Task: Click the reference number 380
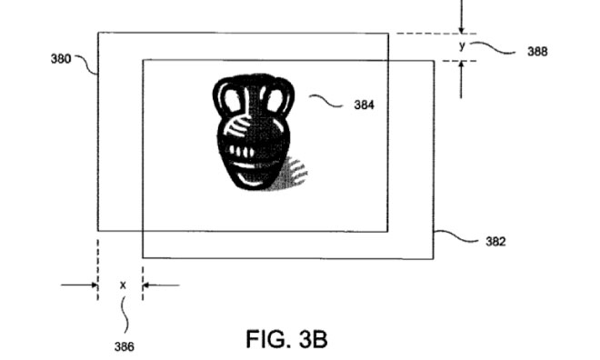61,59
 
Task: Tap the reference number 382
495,242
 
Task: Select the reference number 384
364,105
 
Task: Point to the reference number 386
125,346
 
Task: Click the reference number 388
537,51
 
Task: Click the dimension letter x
123,285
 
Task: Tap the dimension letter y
462,45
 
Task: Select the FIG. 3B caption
286,339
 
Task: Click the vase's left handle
227,96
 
